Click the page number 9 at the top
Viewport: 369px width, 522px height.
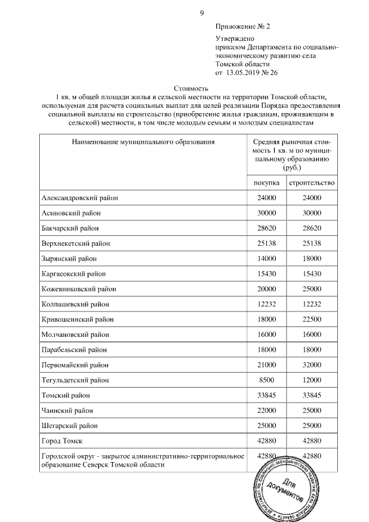[201, 13]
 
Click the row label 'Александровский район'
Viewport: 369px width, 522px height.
[80, 198]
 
